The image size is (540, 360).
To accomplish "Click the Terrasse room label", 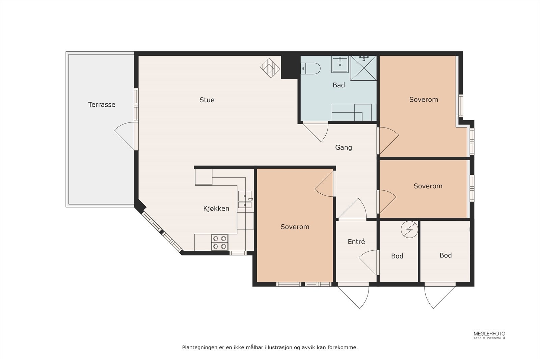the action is point(102,105).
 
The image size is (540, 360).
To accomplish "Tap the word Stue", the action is point(207,100).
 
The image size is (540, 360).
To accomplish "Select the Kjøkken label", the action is point(216,209).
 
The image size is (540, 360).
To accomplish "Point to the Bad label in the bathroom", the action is point(339,85).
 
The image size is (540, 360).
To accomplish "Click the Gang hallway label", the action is point(344,147).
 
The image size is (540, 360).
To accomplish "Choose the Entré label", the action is point(356,242).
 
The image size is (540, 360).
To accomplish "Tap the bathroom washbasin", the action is point(340,64).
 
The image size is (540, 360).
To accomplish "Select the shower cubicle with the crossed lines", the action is point(363,68).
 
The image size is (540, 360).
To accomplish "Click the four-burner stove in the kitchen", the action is point(220,242).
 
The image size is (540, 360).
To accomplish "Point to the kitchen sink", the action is point(245,199).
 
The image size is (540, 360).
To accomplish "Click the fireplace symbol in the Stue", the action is point(270,68).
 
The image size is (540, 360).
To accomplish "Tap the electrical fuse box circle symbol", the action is point(409,229).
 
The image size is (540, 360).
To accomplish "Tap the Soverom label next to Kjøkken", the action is point(295,227).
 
